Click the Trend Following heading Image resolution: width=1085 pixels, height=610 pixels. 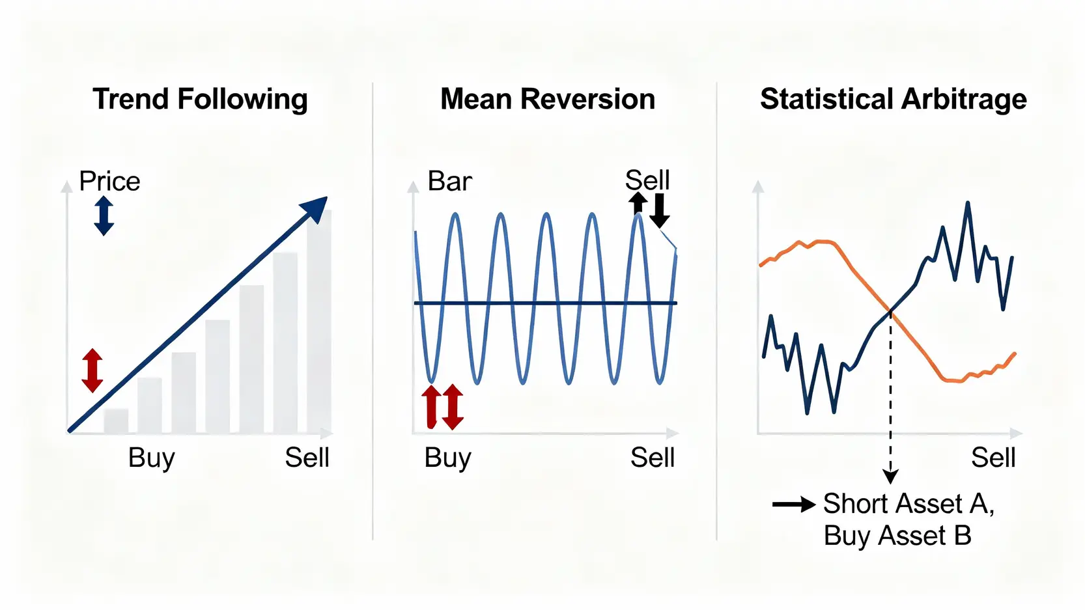click(200, 100)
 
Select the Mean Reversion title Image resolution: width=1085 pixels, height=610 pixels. click(548, 99)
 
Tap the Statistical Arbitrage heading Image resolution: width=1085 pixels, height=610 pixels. click(893, 100)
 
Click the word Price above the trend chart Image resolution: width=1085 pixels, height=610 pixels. click(109, 181)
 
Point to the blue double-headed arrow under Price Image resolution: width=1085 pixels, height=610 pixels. click(104, 215)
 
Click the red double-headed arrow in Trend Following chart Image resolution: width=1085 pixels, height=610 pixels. click(92, 370)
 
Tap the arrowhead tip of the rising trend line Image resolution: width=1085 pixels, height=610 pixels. click(328, 197)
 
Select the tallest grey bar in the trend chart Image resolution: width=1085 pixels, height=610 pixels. click(319, 322)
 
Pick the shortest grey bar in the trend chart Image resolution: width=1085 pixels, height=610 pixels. click(116, 421)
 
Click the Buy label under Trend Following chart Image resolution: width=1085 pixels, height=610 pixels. click(152, 458)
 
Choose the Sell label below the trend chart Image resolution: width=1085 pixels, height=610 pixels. click(307, 458)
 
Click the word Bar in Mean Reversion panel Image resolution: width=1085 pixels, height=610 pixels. click(449, 181)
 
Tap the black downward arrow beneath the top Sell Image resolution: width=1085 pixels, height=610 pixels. click(659, 210)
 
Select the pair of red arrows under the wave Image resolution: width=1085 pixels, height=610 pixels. click(442, 407)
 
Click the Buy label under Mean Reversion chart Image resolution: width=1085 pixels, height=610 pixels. click(447, 458)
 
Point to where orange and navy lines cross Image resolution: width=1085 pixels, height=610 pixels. click(891, 311)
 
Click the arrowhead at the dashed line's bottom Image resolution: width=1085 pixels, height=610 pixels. click(890, 477)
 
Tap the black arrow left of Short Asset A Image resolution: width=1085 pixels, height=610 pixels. click(794, 505)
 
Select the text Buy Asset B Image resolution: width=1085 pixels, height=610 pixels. click(897, 536)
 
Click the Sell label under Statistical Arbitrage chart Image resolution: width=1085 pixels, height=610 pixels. click(993, 458)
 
